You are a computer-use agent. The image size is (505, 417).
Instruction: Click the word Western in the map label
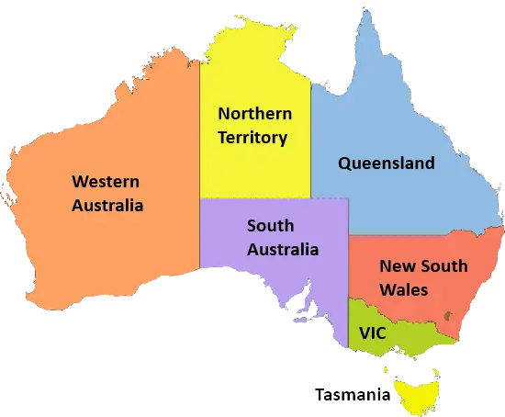pos(107,182)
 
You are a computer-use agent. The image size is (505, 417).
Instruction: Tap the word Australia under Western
pos(107,206)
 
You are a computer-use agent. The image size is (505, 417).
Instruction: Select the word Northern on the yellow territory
pos(254,115)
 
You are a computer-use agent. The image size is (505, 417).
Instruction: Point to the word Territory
pos(254,139)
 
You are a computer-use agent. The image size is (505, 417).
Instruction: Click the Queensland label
pos(387,163)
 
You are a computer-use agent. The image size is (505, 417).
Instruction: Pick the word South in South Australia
pos(270,225)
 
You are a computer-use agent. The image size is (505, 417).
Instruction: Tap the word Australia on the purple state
pos(283,249)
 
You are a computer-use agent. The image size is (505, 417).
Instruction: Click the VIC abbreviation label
pos(372,332)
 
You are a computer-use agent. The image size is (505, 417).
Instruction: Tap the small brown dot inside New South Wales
pos(448,318)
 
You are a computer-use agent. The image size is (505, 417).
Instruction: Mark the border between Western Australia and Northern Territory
pos(200,165)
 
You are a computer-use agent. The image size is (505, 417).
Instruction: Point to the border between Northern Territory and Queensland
pos(310,138)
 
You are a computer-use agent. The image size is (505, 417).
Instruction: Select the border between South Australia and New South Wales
pos(349,266)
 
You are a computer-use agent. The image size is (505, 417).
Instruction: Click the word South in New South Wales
pos(443,266)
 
